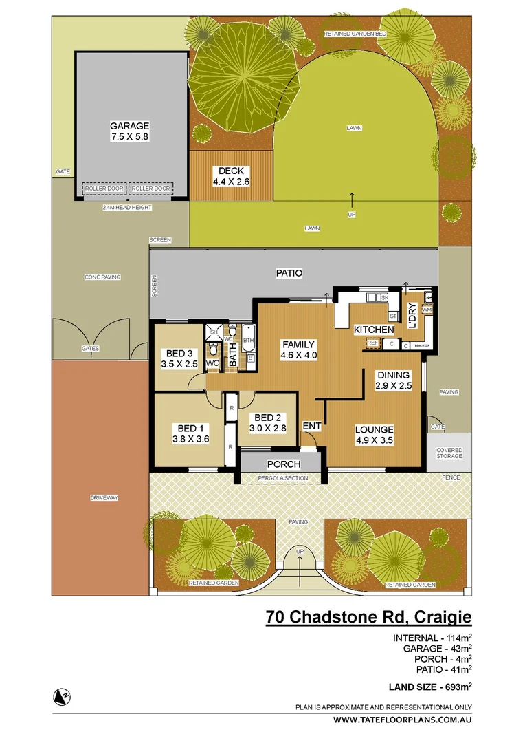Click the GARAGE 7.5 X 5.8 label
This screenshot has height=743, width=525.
pyautogui.click(x=129, y=131)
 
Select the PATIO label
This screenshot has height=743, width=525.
pyautogui.click(x=289, y=273)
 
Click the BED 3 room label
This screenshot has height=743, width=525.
pyautogui.click(x=179, y=354)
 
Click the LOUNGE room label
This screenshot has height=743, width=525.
pyautogui.click(x=374, y=430)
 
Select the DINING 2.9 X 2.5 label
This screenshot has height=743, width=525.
pyautogui.click(x=392, y=375)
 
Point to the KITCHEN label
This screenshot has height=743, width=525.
pyautogui.click(x=374, y=330)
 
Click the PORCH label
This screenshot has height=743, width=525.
pyautogui.click(x=284, y=464)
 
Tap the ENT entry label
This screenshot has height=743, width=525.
pyautogui.click(x=312, y=427)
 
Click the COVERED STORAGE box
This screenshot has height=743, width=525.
pyautogui.click(x=449, y=453)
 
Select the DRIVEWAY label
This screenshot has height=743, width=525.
pyautogui.click(x=100, y=497)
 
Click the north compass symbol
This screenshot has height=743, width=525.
pyautogui.click(x=61, y=697)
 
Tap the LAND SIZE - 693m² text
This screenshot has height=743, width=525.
pyautogui.click(x=429, y=686)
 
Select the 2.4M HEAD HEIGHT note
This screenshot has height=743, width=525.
pyautogui.click(x=127, y=207)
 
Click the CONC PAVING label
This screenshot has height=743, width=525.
pyautogui.click(x=102, y=277)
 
